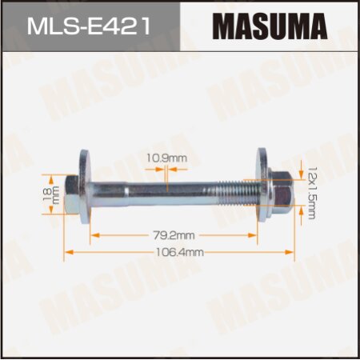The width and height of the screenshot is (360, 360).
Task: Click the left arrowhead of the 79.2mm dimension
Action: tap(92, 236)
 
